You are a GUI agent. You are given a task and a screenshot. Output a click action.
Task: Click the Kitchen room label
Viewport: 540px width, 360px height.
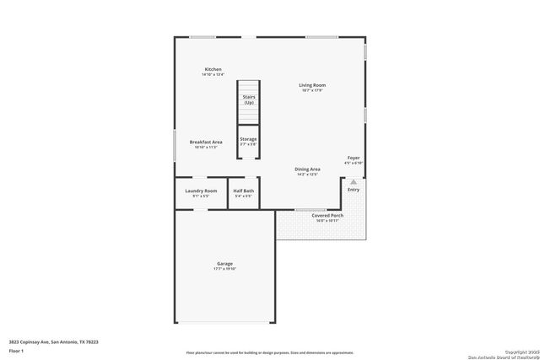[x=213, y=69]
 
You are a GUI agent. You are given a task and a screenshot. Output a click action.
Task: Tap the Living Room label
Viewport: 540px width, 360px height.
[x=312, y=85]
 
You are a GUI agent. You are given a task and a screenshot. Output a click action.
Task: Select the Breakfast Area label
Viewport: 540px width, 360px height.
[x=206, y=142]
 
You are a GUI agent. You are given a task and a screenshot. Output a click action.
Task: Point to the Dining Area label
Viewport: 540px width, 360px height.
[x=307, y=169]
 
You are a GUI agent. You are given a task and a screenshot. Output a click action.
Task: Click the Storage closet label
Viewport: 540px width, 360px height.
[x=248, y=139]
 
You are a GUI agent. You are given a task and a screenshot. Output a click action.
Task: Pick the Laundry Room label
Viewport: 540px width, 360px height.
[x=201, y=191]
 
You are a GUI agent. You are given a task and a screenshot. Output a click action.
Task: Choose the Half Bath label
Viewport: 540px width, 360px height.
[x=243, y=191]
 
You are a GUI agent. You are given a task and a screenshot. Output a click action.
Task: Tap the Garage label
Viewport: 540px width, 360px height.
[x=224, y=264]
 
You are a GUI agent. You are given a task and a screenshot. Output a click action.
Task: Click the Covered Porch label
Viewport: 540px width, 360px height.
[x=327, y=216]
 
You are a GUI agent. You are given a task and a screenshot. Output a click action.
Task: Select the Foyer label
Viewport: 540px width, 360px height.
[x=354, y=158]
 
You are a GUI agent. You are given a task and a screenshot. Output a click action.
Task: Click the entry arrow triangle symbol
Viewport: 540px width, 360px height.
[x=354, y=181]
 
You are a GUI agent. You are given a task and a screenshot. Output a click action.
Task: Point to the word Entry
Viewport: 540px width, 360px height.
[x=354, y=190]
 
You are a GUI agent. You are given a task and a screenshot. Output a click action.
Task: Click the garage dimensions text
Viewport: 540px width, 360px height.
[x=224, y=270]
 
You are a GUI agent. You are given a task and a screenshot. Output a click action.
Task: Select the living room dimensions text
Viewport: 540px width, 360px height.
[x=312, y=91]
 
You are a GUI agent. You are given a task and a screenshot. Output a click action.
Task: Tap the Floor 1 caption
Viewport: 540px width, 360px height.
[x=16, y=349]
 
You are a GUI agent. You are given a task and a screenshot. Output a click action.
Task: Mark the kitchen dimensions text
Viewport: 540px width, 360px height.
[x=213, y=75]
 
